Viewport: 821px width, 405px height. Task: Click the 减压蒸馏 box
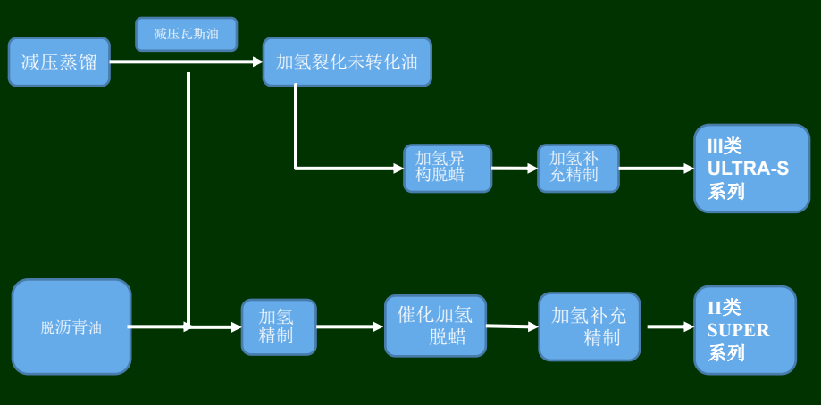[x=59, y=62]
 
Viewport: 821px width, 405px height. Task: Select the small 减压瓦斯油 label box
[x=186, y=34]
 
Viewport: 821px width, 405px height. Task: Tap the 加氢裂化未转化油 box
[x=347, y=62]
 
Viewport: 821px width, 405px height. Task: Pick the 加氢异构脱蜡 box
[x=447, y=168]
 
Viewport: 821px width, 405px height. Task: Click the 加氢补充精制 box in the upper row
[x=577, y=168]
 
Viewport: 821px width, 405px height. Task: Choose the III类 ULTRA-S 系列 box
[x=751, y=168]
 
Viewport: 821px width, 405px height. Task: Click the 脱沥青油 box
[x=71, y=326]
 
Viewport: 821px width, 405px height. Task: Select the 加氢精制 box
[x=278, y=326]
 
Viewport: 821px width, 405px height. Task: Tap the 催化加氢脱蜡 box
[x=435, y=326]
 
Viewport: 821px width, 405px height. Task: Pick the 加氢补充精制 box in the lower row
[x=589, y=326]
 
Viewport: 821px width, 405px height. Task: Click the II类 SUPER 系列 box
[x=744, y=329]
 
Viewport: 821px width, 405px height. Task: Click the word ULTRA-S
[x=748, y=168]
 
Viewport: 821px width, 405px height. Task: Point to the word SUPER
[x=738, y=330]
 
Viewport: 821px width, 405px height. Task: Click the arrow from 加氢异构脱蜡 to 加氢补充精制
[x=514, y=168]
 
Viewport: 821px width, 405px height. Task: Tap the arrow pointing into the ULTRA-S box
[x=656, y=168]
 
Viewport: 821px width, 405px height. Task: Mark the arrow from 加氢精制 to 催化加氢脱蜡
[x=349, y=326]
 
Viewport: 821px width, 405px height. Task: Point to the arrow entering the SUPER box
[x=670, y=326]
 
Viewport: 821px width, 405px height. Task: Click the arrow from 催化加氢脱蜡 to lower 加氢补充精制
[x=512, y=326]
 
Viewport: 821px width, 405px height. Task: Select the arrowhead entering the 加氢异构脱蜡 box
[x=398, y=168]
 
